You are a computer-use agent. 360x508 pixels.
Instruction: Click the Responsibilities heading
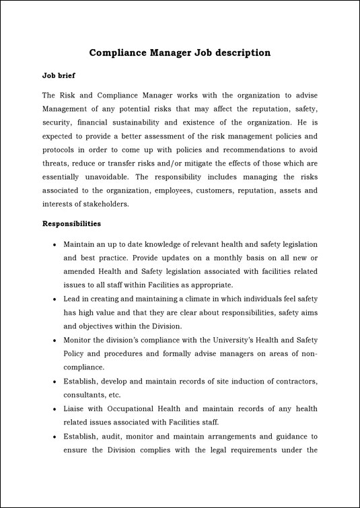coord(72,223)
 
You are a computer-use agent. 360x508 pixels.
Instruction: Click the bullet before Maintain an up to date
coord(53,244)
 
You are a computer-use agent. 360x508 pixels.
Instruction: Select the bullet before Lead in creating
coord(53,299)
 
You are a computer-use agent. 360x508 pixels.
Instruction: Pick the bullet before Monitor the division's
coord(53,340)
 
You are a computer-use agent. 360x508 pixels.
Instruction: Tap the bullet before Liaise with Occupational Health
coord(53,409)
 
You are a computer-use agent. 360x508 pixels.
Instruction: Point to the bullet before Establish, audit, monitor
coord(53,437)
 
